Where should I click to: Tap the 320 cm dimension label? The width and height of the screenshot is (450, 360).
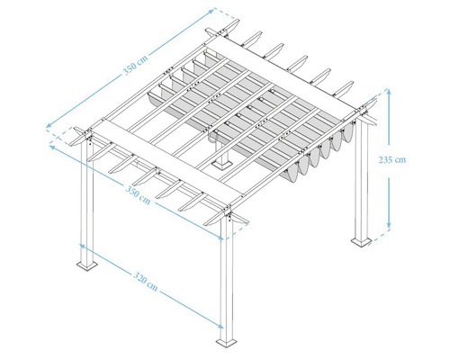click(x=147, y=286)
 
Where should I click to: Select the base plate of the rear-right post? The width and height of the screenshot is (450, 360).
click(x=362, y=241)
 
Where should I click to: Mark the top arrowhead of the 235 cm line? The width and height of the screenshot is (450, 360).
click(x=389, y=91)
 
